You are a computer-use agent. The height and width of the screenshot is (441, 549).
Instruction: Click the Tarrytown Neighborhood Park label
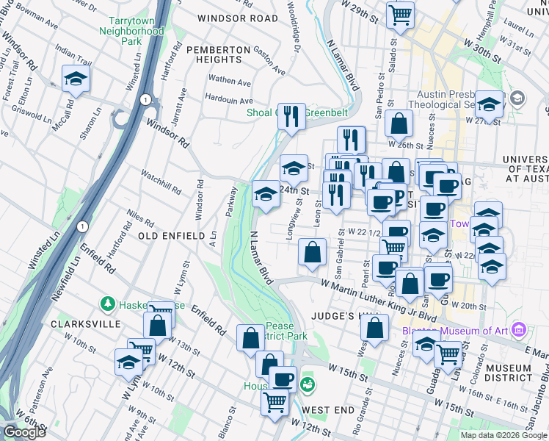[135, 32]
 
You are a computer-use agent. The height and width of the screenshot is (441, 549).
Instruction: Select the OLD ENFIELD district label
[171, 236]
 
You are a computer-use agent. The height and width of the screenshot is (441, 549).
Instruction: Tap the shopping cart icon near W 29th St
[400, 14]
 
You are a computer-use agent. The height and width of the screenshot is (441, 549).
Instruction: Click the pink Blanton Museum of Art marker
[519, 330]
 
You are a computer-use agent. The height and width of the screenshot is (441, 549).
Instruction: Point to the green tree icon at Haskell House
[108, 304]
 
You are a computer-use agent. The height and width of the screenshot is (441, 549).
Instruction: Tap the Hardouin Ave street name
[229, 100]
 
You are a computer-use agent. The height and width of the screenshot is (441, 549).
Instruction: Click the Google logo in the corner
[24, 432]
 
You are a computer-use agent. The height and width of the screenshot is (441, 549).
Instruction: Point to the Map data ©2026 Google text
[503, 435]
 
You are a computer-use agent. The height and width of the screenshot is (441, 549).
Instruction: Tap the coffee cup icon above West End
[283, 379]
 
